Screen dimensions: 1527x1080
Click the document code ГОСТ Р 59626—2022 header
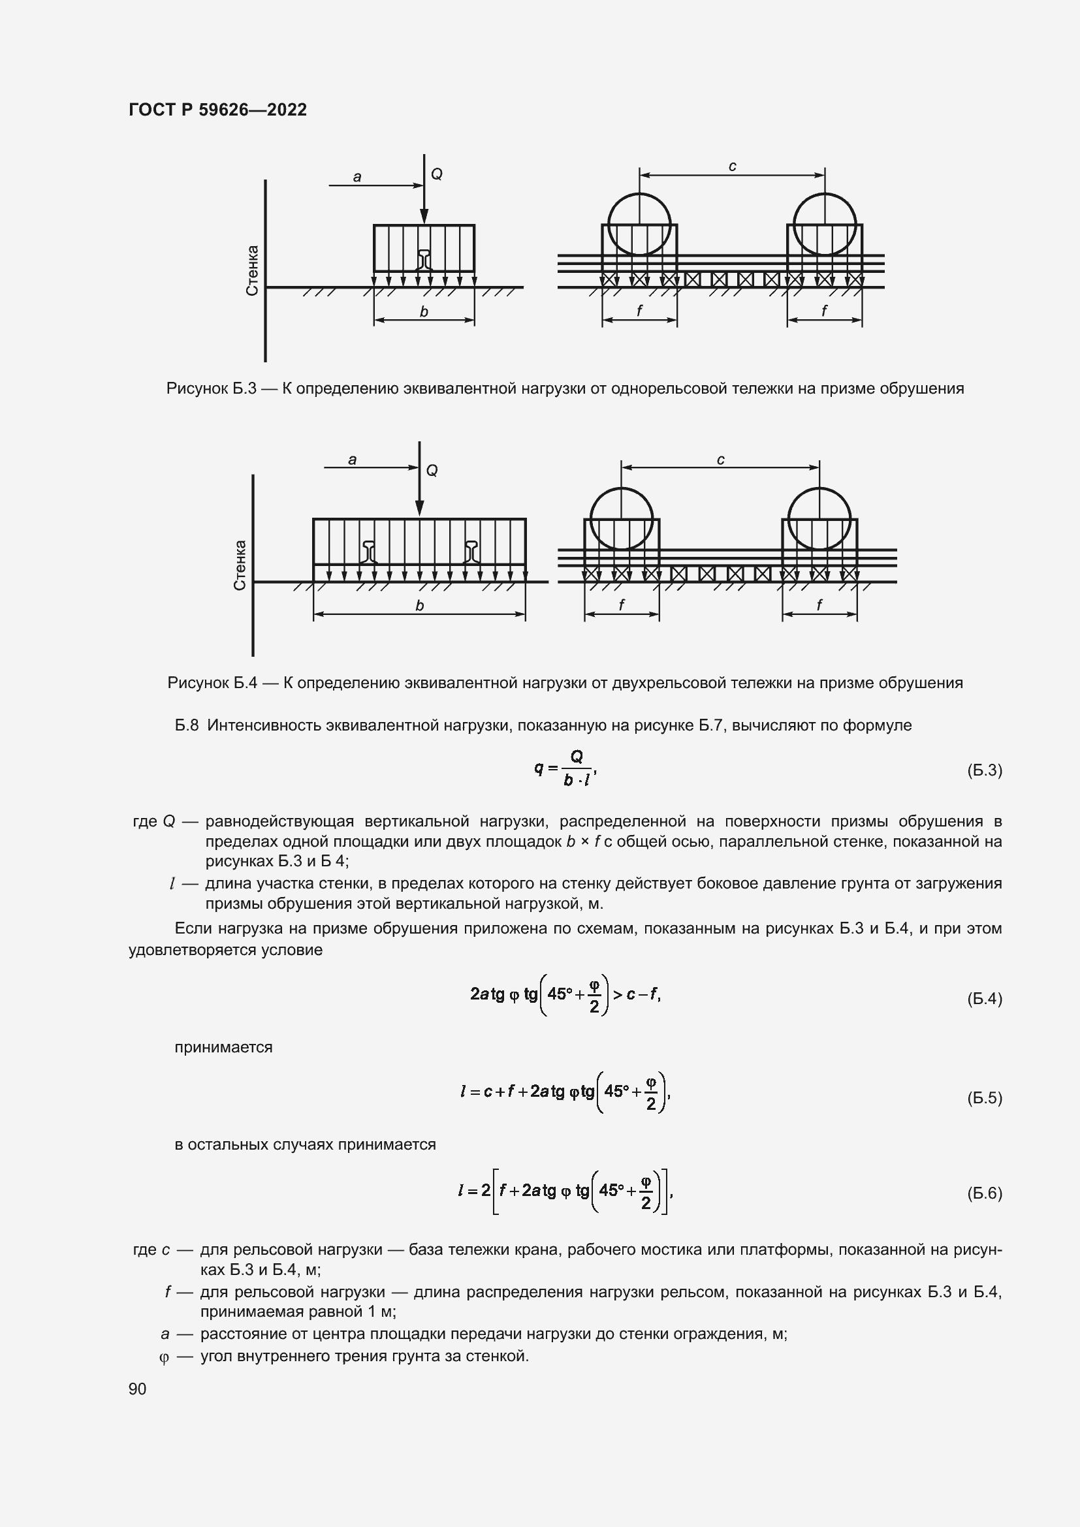click(x=217, y=110)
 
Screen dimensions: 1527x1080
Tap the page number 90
click(x=137, y=1389)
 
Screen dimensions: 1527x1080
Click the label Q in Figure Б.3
click(x=437, y=174)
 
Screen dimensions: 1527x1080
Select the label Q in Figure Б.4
click(x=432, y=471)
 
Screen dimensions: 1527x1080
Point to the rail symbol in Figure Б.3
click(x=424, y=259)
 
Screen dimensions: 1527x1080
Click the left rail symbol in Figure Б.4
click(x=370, y=552)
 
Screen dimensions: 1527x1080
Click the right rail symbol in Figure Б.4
click(x=471, y=552)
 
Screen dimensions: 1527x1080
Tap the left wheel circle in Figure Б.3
click(x=639, y=224)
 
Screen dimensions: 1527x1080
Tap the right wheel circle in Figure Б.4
click(x=819, y=518)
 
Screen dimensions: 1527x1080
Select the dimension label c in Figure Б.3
click(x=732, y=166)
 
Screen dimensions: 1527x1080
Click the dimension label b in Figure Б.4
click(x=420, y=606)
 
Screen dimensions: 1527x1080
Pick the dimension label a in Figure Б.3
click(x=357, y=177)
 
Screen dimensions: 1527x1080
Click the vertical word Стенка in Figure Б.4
click(x=240, y=565)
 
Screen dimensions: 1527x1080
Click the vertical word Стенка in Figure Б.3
click(x=252, y=271)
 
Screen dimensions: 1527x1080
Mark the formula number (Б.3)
click(x=984, y=770)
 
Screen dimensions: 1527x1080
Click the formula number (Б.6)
click(x=984, y=1193)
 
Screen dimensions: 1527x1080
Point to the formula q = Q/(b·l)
click(x=565, y=769)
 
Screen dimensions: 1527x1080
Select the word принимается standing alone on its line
click(x=223, y=1047)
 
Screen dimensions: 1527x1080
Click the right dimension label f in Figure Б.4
click(x=819, y=605)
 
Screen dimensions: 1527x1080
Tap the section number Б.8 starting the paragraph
click(x=187, y=725)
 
